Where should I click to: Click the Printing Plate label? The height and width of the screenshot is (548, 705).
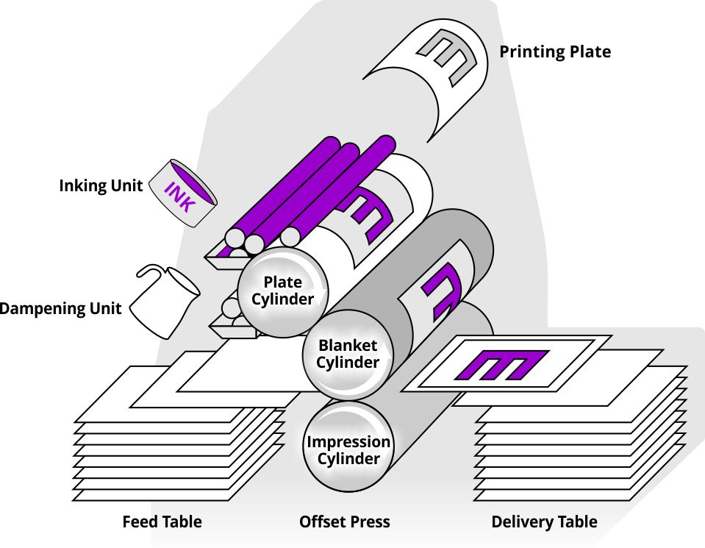coord(555,51)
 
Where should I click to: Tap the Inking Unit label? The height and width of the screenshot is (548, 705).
coord(101,186)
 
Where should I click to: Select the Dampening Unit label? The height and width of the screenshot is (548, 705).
coord(60,308)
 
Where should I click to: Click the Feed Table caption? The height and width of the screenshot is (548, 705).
coord(162,522)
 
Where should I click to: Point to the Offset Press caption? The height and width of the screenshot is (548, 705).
coord(344,522)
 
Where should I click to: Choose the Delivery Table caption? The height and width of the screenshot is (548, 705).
coord(544,522)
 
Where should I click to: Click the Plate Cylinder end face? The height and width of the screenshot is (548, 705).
coord(283,290)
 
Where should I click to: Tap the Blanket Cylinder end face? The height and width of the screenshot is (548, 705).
coord(348,353)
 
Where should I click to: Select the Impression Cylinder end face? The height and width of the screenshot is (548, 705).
coord(348,449)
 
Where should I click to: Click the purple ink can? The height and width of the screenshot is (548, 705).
coord(182,193)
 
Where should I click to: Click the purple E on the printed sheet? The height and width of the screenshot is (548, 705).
coord(501,364)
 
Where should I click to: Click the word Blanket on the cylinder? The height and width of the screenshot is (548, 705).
coord(348,345)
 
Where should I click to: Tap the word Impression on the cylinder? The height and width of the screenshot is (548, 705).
coord(348,442)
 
